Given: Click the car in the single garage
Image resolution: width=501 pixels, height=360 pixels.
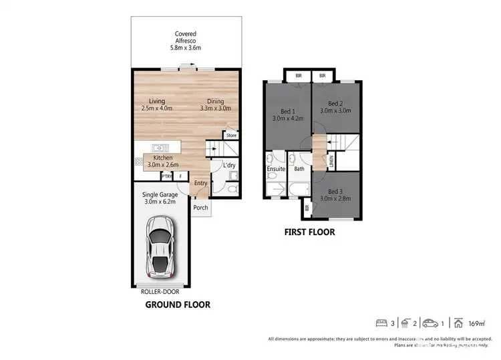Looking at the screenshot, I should tap(160, 254).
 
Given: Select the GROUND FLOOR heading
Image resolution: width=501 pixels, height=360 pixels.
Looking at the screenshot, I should tap(178, 305).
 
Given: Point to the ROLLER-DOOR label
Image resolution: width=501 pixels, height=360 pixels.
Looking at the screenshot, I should tap(160, 291).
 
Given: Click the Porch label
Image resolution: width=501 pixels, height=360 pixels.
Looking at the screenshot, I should tap(200, 208).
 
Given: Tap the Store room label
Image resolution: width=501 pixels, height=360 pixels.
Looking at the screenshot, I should tap(231, 136).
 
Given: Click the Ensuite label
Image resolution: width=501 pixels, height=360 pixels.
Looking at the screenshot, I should tap(276, 169).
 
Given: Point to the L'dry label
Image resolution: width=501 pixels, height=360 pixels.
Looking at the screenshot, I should tap(221, 165).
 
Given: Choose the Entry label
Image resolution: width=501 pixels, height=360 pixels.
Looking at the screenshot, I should tap(200, 183).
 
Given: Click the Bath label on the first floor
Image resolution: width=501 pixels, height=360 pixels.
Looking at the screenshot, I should tap(299, 169).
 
